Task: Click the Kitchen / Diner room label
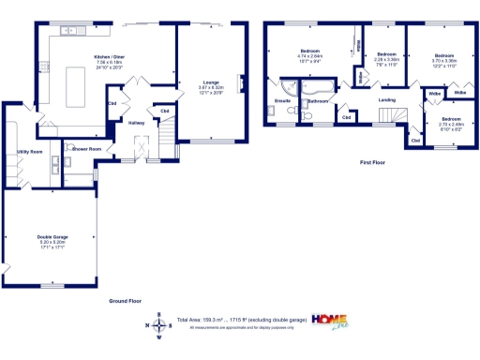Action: click(x=109, y=57)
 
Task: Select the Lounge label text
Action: click(x=209, y=82)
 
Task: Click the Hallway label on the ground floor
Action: click(x=136, y=122)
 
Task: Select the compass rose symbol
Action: click(x=158, y=324)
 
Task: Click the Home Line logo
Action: click(x=334, y=322)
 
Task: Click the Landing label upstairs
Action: click(x=386, y=99)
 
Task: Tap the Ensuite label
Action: click(x=281, y=100)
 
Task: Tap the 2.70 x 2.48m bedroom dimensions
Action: click(x=452, y=124)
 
